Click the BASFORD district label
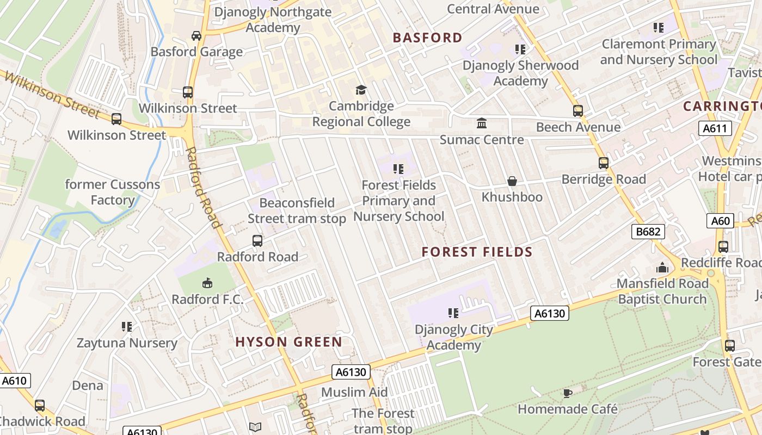coord(427,38)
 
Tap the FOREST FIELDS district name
coord(477,252)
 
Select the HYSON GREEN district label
coord(288,342)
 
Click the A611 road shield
coord(715,128)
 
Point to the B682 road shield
coord(649,232)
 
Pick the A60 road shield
coord(720,221)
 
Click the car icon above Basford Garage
coord(196,36)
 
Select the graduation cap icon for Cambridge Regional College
coord(361,90)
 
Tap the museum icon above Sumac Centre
coord(482,123)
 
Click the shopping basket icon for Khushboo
coord(512,181)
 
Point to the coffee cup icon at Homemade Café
coord(568,393)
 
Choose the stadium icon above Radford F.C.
coord(207,283)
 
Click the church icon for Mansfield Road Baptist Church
coord(662,268)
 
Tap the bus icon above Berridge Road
coord(604,163)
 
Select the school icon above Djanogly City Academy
coord(453,313)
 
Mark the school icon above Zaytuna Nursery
coord(127,327)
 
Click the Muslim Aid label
coord(354,392)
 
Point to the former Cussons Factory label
coord(113,192)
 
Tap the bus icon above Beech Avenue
coord(578,111)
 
